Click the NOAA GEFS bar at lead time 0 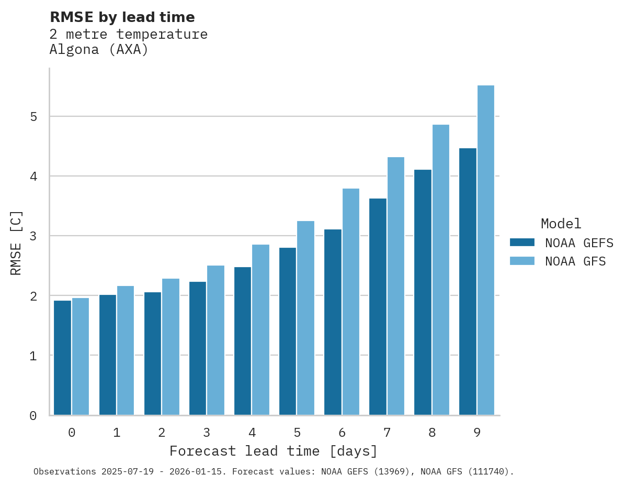pos(63,358)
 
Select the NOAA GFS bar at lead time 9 pos(486,250)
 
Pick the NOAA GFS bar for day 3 pos(215,340)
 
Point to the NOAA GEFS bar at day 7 pos(378,307)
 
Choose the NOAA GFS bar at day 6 pos(351,302)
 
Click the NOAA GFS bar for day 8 pos(441,270)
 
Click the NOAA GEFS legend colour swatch pos(522,242)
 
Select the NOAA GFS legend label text pos(575,261)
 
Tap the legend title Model pos(561,224)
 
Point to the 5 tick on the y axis pos(33,116)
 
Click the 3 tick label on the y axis pos(33,236)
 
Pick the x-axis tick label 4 pos(252,433)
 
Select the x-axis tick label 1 pos(117,433)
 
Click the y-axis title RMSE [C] pos(16,242)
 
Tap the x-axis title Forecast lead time pos(273,451)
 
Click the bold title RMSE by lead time pos(122,17)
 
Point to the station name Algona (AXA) pos(99,50)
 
